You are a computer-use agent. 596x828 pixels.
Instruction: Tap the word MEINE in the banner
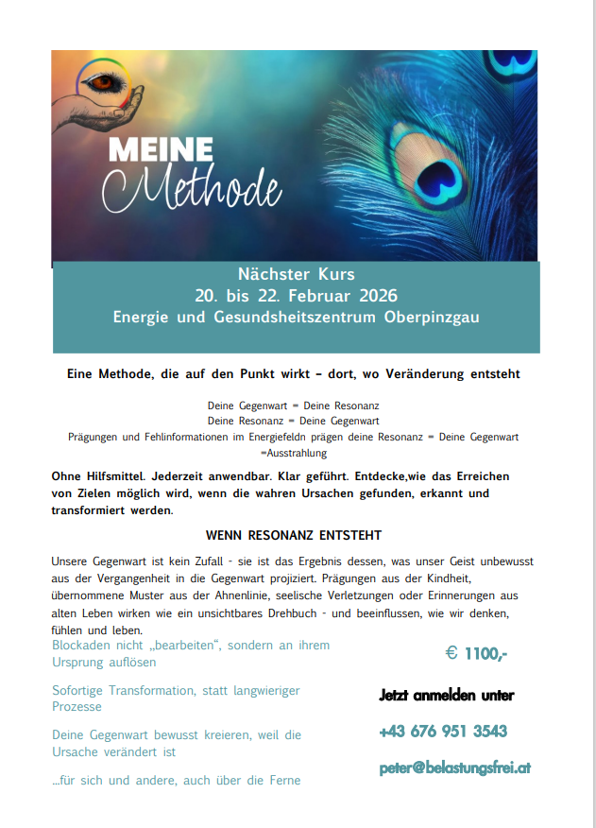pyautogui.click(x=160, y=150)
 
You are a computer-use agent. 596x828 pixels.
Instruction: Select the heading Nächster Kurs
pyautogui.click(x=297, y=274)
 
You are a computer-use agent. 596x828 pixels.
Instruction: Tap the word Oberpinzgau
pyautogui.click(x=432, y=317)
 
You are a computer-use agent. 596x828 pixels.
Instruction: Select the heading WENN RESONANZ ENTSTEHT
pyautogui.click(x=293, y=535)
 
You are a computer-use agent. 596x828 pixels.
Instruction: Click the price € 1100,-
pyautogui.click(x=476, y=653)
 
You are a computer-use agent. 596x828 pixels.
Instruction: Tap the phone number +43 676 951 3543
pyautogui.click(x=443, y=731)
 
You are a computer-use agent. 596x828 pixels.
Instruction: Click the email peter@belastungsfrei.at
pyautogui.click(x=454, y=768)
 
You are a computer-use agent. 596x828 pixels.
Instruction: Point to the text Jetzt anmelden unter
pyautogui.click(x=447, y=695)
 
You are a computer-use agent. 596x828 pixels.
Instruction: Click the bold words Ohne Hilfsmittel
pyautogui.click(x=94, y=476)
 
